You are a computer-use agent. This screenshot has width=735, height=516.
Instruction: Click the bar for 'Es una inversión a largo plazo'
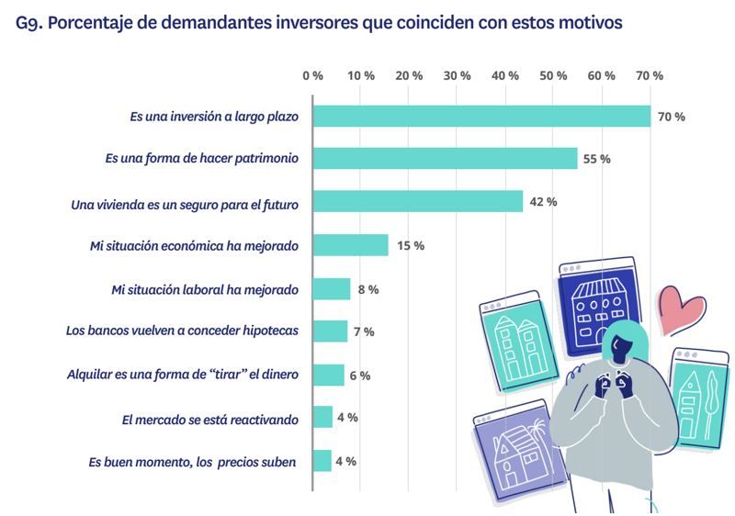pos(481,117)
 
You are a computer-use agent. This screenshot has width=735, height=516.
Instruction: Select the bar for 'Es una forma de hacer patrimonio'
pos(445,158)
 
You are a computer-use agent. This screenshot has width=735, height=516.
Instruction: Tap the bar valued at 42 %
pos(418,201)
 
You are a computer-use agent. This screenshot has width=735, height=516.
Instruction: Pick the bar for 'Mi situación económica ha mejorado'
pos(350,245)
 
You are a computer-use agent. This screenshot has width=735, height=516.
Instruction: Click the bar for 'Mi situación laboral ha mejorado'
pos(332,288)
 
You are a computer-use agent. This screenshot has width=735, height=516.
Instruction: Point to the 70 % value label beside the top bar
pos(671,117)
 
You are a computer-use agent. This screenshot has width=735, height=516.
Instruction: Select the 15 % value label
pos(410,245)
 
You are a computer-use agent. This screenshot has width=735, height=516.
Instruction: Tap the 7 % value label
pos(364,331)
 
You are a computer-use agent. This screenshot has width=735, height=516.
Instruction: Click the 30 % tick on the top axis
pos(457,75)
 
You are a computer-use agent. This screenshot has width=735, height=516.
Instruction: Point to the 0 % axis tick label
pos(312,75)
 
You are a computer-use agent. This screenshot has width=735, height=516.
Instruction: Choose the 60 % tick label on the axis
pos(602,75)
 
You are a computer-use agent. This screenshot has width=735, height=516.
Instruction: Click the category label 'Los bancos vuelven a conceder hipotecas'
pos(182,331)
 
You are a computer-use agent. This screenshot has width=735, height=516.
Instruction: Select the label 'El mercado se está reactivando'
pos(210,419)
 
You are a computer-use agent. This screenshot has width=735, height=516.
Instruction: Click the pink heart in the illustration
pos(681,309)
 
